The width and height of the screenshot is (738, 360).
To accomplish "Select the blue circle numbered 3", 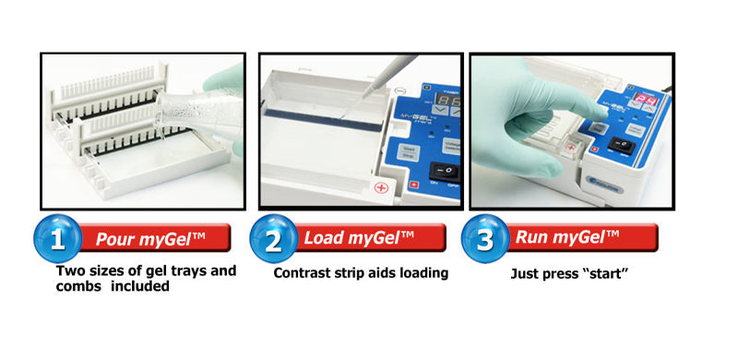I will pyautogui.click(x=485, y=240).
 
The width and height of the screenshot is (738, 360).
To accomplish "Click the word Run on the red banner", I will pyautogui.click(x=532, y=240).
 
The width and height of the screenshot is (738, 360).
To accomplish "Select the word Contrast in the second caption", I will pyautogui.click(x=306, y=273).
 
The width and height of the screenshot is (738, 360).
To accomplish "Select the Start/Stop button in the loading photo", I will pyautogui.click(x=409, y=153).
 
